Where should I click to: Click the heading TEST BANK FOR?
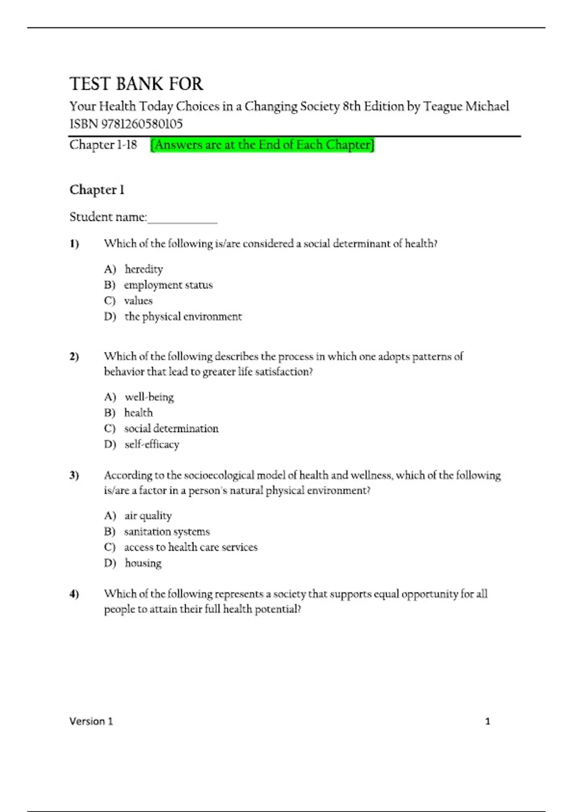click(136, 84)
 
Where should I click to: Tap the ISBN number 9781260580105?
click(142, 124)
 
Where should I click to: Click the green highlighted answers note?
click(262, 145)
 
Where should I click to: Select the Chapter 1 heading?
click(97, 190)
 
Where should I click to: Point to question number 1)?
click(74, 244)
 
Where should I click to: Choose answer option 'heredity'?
click(144, 269)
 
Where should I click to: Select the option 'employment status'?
click(168, 285)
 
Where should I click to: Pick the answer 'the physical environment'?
click(183, 317)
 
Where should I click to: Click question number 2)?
click(74, 357)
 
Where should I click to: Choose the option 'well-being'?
click(149, 397)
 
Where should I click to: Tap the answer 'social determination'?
click(171, 429)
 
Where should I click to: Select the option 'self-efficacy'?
click(152, 445)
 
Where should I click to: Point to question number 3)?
click(74, 475)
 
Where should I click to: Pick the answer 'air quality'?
click(148, 516)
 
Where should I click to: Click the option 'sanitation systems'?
click(167, 532)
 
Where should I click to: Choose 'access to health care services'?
click(191, 547)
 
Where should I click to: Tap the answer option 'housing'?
click(143, 563)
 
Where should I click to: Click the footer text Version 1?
click(91, 721)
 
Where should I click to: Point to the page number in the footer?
click(488, 721)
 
